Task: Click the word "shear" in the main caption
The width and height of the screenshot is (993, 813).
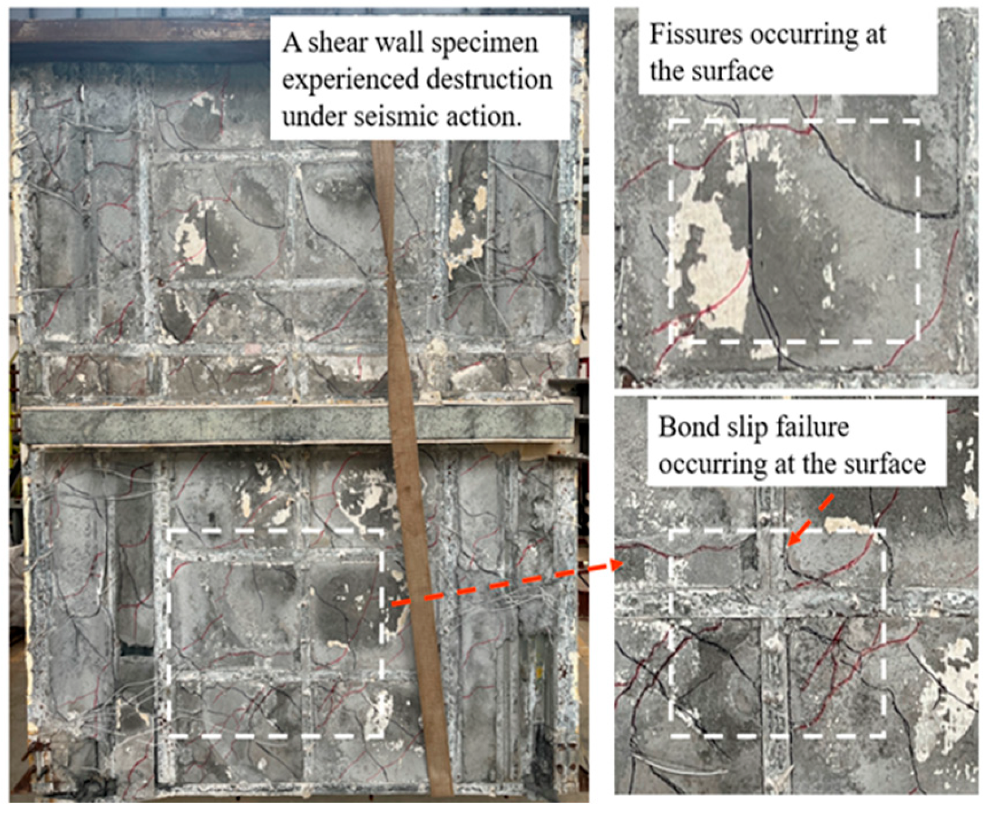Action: (342, 43)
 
